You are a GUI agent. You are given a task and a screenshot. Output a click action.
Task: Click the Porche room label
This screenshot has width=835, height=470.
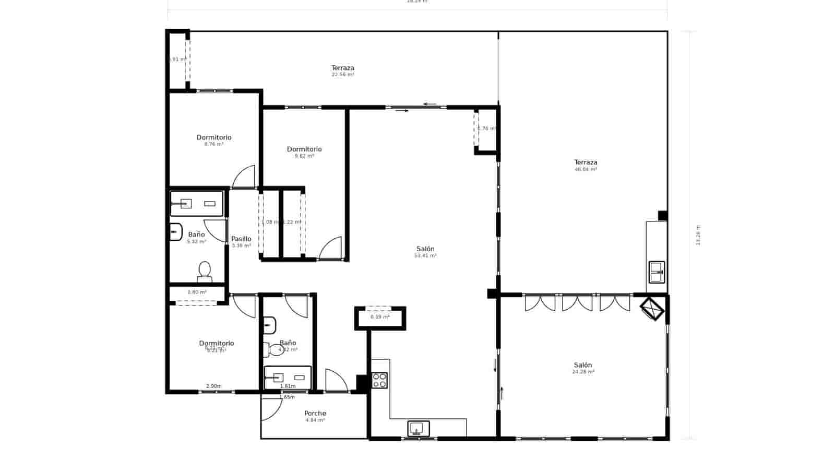tap(315, 413)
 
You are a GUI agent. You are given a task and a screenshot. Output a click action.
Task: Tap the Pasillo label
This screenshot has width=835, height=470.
tap(241, 239)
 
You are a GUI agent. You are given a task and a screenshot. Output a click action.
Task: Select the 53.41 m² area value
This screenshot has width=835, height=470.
tap(425, 256)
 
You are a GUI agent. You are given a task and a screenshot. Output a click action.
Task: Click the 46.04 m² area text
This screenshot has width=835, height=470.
tap(586, 170)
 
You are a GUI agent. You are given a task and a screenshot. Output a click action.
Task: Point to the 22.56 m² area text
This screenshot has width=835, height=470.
tap(343, 75)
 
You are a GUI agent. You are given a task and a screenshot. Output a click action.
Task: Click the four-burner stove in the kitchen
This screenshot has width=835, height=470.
tap(379, 380)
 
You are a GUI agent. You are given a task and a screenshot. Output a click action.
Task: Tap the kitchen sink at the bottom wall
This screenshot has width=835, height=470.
tap(418, 429)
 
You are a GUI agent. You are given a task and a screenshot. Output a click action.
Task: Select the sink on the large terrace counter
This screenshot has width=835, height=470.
tap(656, 272)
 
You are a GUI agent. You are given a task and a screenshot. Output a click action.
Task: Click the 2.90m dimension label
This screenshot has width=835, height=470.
tap(213, 386)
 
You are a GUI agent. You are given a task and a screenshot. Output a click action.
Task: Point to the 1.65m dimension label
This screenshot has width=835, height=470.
tap(287, 397)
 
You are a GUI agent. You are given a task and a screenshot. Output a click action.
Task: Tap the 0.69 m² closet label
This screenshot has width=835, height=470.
tap(380, 317)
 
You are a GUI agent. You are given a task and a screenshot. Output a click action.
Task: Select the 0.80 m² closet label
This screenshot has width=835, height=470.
tap(197, 292)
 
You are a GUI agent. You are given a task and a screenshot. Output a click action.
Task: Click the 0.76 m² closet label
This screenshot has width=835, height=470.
tap(486, 128)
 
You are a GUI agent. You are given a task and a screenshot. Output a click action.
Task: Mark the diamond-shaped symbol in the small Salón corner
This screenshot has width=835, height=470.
tap(652, 309)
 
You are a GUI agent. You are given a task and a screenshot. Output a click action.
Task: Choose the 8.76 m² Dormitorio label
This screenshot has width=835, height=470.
tap(214, 137)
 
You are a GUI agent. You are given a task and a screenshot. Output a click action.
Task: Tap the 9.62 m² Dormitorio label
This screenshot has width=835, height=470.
tap(304, 149)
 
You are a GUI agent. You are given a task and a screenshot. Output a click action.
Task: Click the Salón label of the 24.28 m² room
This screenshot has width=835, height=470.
tap(583, 365)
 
